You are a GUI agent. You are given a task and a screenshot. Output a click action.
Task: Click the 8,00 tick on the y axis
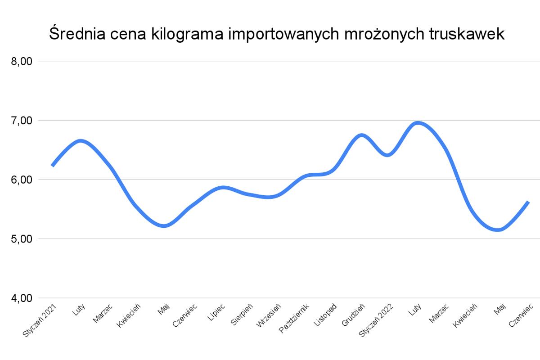tap(21, 62)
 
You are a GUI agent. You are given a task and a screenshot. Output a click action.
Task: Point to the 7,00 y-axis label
tap(21, 121)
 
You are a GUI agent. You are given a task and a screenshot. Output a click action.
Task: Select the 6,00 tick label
tap(21, 180)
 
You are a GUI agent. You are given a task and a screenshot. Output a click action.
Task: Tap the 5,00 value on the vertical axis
tap(21, 239)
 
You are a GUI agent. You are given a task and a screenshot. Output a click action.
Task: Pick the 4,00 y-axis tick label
tap(21, 298)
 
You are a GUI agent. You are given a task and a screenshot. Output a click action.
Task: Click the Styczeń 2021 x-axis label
tap(41, 320)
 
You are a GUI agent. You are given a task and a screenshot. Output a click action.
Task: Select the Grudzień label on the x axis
tap(354, 315)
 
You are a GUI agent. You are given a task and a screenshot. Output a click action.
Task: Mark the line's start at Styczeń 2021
tap(53, 166)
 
